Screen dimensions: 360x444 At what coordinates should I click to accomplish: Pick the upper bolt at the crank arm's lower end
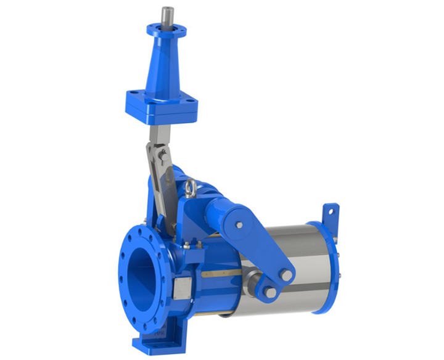click(x=286, y=273)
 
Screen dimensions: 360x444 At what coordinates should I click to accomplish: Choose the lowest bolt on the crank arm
click(x=270, y=292)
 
